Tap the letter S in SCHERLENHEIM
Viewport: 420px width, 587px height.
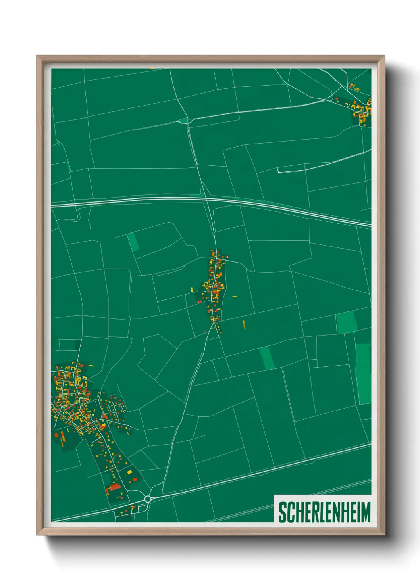(x=282, y=512)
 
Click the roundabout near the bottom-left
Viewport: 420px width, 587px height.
(x=148, y=499)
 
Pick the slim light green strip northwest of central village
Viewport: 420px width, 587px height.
(x=132, y=242)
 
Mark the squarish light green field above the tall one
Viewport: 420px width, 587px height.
(x=346, y=322)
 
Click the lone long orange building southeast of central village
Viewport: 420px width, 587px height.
(x=244, y=324)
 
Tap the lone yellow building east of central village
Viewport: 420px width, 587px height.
(x=235, y=296)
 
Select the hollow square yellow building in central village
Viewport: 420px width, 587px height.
(x=206, y=284)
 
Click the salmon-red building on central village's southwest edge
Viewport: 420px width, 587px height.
(x=199, y=302)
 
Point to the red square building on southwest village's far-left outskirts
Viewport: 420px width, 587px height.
(x=56, y=435)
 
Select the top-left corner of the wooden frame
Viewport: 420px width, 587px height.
(x=37, y=56)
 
